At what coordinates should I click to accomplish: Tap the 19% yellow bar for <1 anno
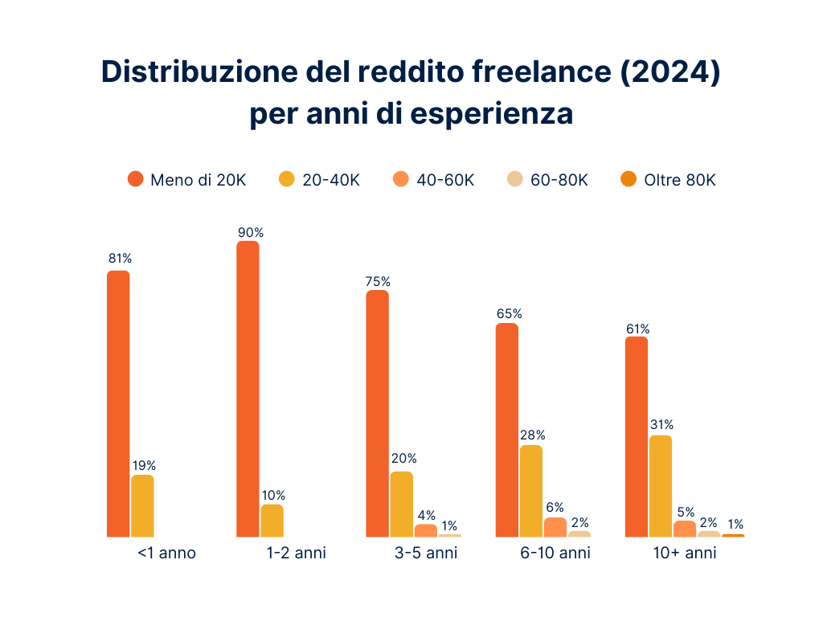(x=142, y=505)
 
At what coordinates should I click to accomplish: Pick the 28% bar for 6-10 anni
(x=530, y=490)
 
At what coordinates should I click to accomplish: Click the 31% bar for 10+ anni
(x=660, y=485)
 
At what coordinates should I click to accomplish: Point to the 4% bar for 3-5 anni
(x=426, y=530)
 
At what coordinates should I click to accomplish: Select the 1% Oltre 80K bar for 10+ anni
(x=733, y=535)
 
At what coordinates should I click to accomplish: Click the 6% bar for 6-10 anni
(x=555, y=527)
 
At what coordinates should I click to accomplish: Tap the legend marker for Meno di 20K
(x=136, y=179)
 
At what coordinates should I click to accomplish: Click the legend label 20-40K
(x=330, y=180)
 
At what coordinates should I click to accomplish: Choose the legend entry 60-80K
(x=559, y=180)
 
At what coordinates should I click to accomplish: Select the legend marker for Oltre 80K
(x=629, y=179)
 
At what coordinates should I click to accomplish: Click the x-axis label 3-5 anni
(x=425, y=554)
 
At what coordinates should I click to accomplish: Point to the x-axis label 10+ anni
(x=684, y=554)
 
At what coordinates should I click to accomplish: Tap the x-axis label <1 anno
(x=166, y=554)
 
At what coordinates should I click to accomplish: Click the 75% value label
(x=378, y=281)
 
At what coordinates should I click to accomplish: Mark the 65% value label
(x=509, y=313)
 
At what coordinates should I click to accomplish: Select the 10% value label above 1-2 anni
(x=273, y=495)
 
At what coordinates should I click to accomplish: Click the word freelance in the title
(x=530, y=72)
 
